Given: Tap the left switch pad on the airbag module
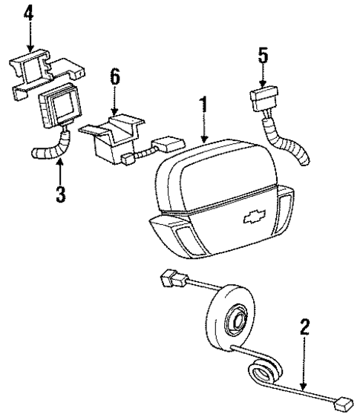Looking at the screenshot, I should (184, 236).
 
